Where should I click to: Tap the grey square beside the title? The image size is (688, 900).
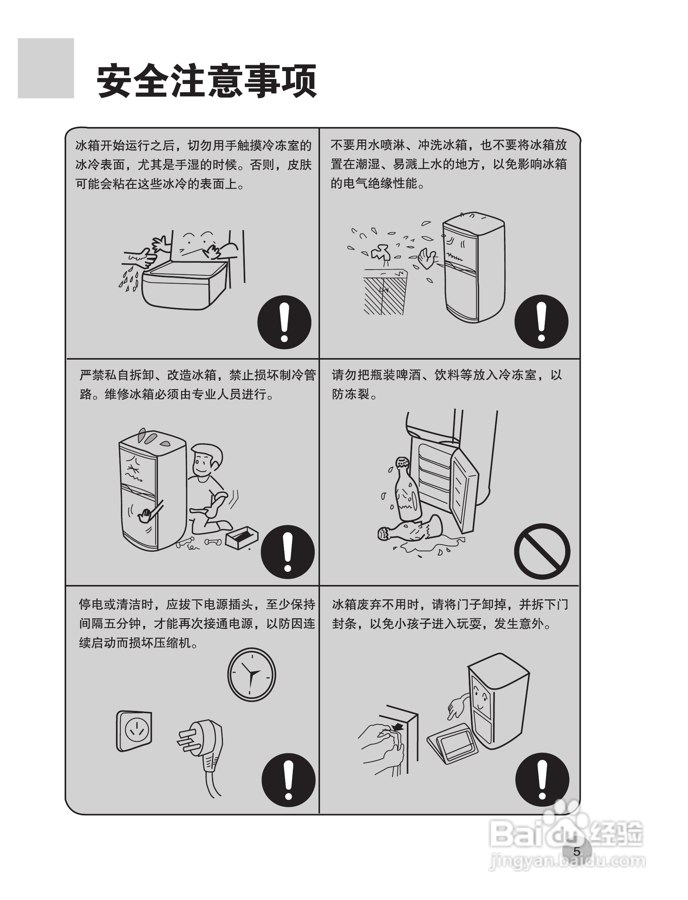point(46,68)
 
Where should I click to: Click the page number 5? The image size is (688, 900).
point(577,851)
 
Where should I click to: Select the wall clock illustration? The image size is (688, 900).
point(252,674)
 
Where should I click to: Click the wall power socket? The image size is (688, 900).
point(134,731)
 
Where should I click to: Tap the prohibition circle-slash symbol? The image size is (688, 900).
point(542,551)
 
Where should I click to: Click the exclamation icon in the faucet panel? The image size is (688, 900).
point(541,321)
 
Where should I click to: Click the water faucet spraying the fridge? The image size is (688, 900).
point(380,253)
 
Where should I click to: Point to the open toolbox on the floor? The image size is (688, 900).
point(242,537)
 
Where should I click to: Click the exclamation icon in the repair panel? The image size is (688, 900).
point(288,552)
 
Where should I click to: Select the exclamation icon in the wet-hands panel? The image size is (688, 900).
point(284,322)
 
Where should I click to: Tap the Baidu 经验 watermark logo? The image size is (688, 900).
point(567,834)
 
